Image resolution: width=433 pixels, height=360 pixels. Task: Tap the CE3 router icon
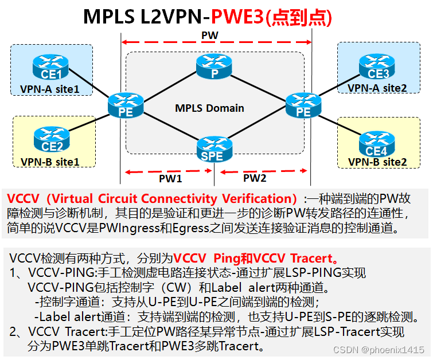point(377,67)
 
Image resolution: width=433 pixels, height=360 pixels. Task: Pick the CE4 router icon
point(376,144)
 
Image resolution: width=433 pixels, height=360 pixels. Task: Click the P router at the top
point(214,68)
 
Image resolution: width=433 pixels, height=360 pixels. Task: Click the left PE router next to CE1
point(125,105)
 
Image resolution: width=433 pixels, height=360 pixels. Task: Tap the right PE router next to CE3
point(303,105)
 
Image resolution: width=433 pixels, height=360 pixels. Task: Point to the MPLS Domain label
point(210,108)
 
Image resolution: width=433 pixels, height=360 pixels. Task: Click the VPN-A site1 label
point(49,89)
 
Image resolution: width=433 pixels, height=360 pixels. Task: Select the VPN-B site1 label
point(49,162)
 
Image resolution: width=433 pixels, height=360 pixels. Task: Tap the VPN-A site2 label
point(377,88)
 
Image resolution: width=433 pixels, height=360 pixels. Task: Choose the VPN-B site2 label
point(377,162)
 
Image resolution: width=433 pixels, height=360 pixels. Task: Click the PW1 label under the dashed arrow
point(170,178)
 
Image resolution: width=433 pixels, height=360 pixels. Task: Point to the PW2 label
point(255,178)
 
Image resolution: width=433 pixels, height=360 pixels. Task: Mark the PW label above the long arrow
point(209,36)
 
